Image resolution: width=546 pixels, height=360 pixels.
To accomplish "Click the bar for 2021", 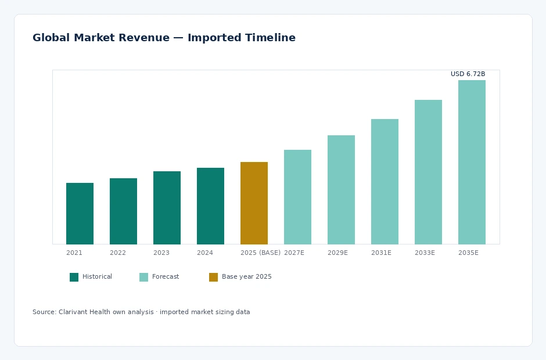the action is [80, 214].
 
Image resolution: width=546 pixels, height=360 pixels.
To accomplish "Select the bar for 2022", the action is [123, 211].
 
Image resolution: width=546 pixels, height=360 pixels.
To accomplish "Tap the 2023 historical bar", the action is [167, 208].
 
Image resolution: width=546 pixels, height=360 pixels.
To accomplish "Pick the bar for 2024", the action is [210, 206].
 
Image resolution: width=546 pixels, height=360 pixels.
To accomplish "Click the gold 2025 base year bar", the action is [254, 203].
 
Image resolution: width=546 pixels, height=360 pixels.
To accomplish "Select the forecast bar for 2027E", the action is [298, 197].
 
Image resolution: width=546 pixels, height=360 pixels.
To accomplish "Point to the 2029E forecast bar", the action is [342, 190].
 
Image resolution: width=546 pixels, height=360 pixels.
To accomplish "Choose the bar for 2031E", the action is [385, 182].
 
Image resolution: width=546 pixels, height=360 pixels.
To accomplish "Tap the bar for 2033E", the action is [428, 172].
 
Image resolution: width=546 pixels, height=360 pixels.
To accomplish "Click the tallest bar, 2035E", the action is [472, 162].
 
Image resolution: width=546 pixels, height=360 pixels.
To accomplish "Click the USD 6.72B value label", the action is [468, 74].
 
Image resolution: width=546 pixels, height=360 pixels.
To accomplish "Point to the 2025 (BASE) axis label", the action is [260, 253].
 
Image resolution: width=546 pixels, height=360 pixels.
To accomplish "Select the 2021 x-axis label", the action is [74, 253].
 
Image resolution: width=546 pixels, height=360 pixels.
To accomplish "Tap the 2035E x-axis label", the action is [468, 253].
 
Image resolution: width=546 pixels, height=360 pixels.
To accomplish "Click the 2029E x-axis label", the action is [337, 253].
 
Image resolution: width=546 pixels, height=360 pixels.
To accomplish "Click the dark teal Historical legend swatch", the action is [74, 277].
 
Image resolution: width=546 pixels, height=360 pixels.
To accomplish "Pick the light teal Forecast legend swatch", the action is [144, 277].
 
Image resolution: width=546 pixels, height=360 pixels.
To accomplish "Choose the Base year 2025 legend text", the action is [246, 277].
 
